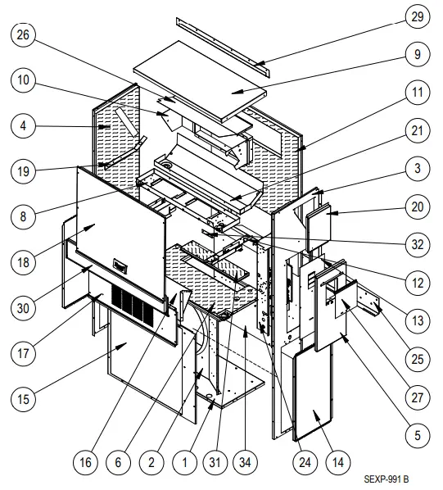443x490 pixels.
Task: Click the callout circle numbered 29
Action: [418, 16]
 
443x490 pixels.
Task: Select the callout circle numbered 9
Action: [418, 56]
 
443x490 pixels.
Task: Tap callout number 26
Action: [25, 35]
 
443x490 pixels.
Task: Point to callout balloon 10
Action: [25, 80]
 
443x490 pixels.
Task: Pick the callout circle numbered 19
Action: [25, 171]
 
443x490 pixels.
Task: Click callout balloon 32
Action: [418, 244]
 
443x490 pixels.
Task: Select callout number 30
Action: [25, 308]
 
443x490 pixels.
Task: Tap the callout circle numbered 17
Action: [25, 354]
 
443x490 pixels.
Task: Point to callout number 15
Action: [25, 399]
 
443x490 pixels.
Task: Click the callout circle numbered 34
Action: [245, 461]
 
